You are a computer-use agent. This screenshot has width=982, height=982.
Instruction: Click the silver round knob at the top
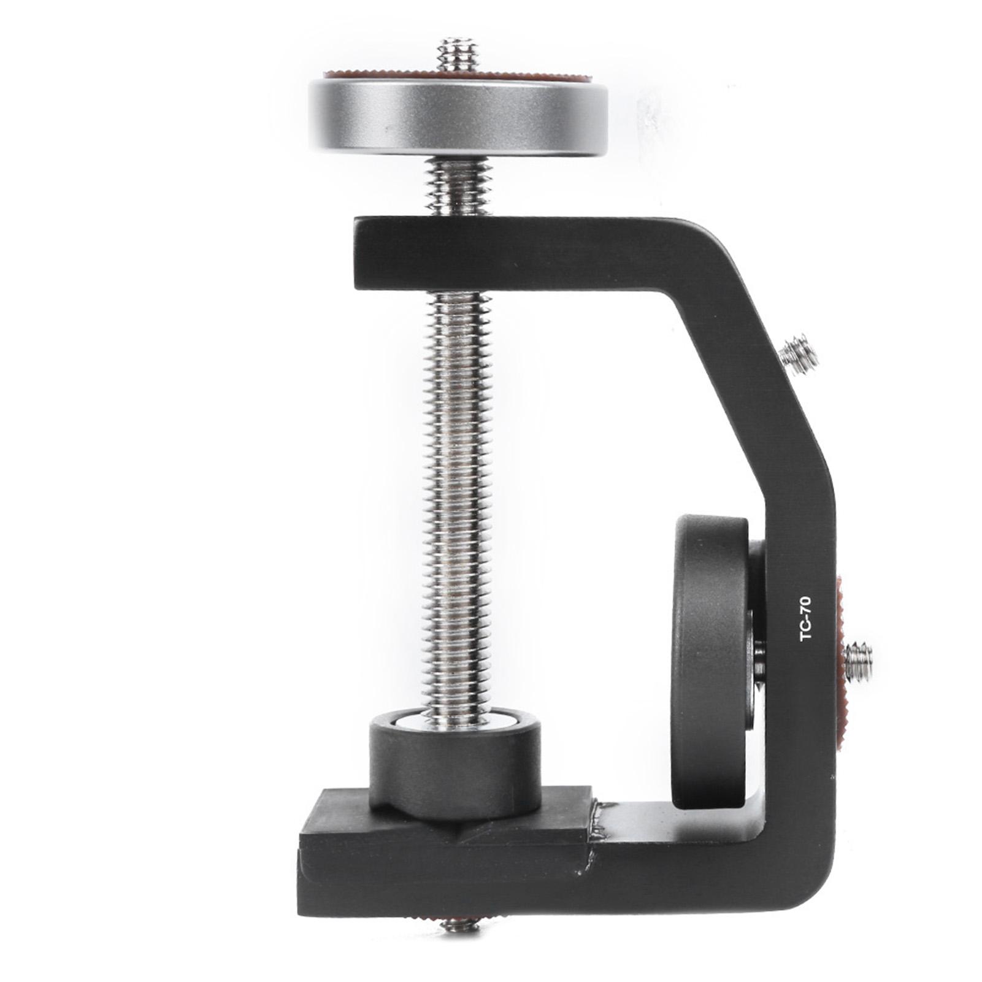[458, 117]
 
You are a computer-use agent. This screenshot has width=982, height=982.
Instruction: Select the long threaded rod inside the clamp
[458, 509]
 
